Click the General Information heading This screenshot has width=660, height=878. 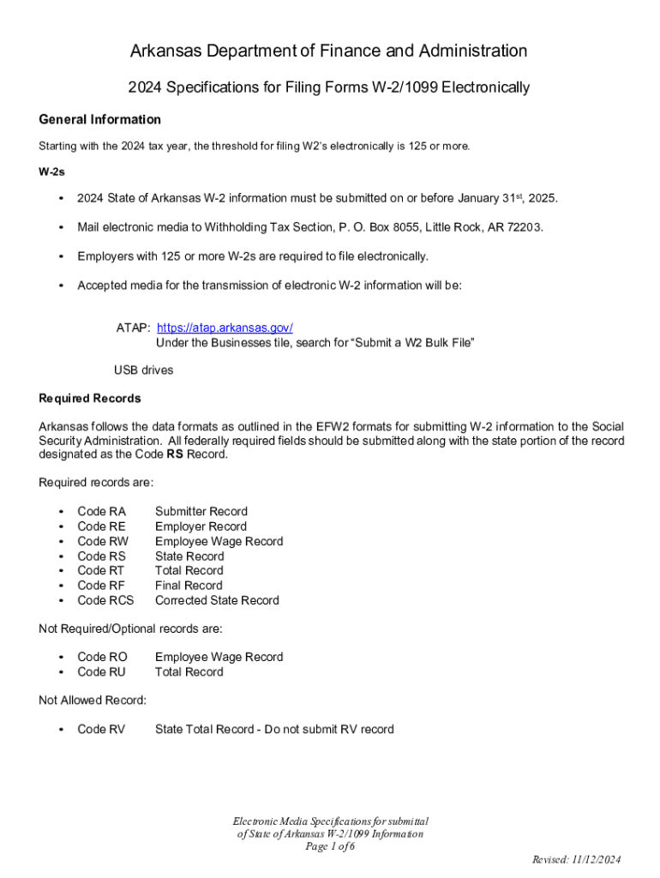tap(99, 119)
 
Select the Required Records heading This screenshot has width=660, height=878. tap(90, 399)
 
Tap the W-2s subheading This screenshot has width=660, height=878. tap(52, 171)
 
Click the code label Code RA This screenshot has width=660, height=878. tap(101, 512)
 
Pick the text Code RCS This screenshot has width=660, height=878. tap(105, 600)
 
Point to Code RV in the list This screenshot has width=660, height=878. tap(101, 730)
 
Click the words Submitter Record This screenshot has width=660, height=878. tap(201, 512)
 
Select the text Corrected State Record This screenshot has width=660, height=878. tap(216, 600)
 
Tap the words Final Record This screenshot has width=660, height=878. tap(188, 586)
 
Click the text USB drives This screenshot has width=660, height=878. tap(143, 370)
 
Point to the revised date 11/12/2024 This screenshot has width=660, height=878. tap(597, 860)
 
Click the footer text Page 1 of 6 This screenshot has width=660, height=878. tap(330, 846)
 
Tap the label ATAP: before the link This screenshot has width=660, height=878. tap(134, 328)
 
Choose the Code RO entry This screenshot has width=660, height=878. tap(102, 657)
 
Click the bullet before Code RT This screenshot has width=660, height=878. tap(61, 571)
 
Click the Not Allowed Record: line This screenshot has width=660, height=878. tap(93, 701)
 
